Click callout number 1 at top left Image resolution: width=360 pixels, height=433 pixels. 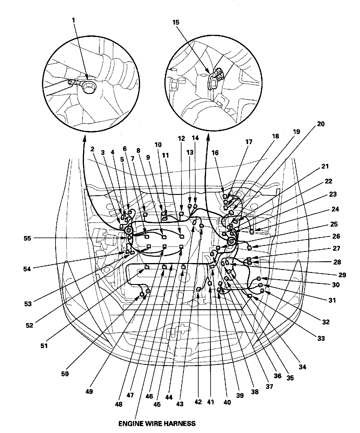[74, 20]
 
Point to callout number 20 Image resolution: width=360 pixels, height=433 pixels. [321, 124]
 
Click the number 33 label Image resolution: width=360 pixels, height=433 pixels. [321, 339]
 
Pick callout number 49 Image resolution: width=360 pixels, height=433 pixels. [89, 392]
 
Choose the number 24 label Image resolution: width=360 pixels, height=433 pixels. [335, 209]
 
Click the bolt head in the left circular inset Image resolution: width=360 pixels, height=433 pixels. [89, 87]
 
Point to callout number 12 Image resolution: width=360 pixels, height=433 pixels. [181, 138]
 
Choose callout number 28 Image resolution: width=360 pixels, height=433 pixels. [337, 262]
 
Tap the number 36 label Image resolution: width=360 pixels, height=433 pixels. [277, 376]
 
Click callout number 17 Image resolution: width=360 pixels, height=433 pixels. [249, 142]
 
